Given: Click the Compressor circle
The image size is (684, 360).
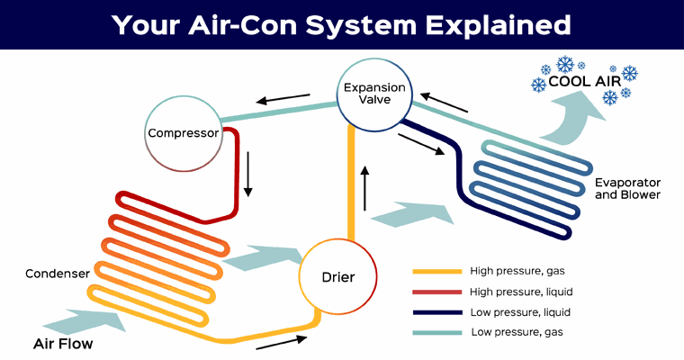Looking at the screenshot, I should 184,134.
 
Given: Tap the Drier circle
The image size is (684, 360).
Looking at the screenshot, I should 337,276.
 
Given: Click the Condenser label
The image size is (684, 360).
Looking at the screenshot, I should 56,274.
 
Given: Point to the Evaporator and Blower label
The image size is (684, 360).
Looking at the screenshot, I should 628,188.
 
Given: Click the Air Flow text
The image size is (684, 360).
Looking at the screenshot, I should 63,344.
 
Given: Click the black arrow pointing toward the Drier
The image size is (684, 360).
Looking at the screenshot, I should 281,341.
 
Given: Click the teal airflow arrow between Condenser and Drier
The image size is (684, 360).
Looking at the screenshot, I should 260,259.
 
